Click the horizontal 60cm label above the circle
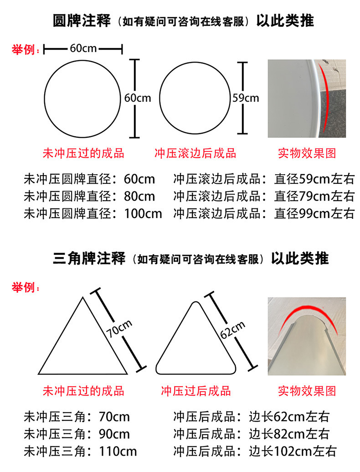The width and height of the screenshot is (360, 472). click(x=83, y=48)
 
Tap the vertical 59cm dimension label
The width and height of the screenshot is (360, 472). click(x=246, y=98)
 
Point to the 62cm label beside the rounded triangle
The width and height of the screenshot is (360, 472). click(x=232, y=330)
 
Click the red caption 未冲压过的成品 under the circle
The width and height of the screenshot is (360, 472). click(x=83, y=153)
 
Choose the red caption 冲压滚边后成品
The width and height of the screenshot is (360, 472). click(x=195, y=153)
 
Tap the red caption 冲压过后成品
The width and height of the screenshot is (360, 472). click(x=196, y=391)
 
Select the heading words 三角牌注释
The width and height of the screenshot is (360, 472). click(x=89, y=259)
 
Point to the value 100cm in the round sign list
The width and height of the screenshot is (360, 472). click(x=143, y=214)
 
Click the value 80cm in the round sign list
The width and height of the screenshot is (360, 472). click(x=139, y=196)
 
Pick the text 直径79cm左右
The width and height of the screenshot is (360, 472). click(x=314, y=196)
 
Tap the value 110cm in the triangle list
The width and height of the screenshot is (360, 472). click(x=118, y=451)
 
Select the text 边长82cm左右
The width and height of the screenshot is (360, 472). click(x=289, y=434)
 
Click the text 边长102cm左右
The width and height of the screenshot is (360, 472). click(x=293, y=451)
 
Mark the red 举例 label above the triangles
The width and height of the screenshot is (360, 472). click(x=26, y=287)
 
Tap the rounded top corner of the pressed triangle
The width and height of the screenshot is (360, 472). click(x=196, y=302)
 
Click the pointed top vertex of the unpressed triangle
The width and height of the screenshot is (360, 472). click(x=83, y=298)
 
